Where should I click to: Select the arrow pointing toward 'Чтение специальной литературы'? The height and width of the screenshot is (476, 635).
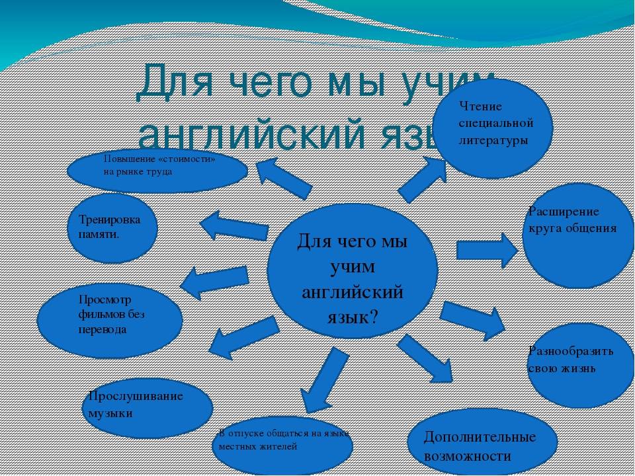(423, 179)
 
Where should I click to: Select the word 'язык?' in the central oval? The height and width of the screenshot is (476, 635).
(353, 316)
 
